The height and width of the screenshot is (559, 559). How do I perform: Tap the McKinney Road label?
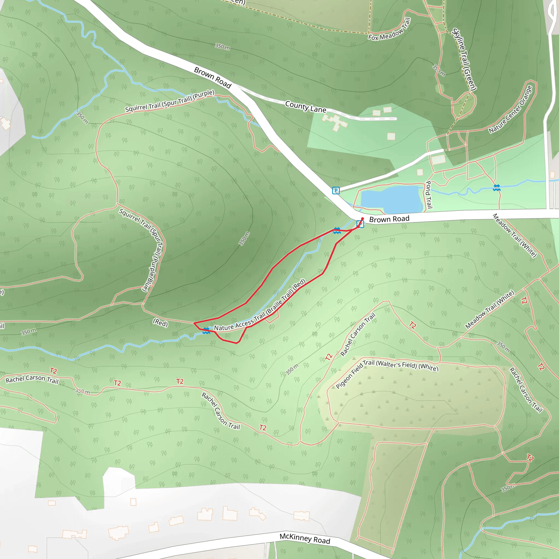coord(305,539)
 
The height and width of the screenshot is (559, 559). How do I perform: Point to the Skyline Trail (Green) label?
coord(464,59)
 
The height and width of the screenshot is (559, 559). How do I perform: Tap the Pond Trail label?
coord(429,194)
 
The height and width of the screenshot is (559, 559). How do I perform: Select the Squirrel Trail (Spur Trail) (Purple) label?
coord(170,101)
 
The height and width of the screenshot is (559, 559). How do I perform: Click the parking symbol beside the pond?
coord(336,191)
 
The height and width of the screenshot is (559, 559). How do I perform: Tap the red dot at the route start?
coord(362,219)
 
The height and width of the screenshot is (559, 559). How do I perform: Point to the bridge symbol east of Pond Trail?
coord(496,188)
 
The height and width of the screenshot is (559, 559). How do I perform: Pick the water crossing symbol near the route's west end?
coord(206,331)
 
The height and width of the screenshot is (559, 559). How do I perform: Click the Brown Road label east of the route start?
coord(389,219)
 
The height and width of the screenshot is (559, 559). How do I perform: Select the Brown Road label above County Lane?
coord(213,78)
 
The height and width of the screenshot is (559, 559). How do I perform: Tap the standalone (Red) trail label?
coord(160,323)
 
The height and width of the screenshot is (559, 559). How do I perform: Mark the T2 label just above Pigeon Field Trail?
coord(328,357)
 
